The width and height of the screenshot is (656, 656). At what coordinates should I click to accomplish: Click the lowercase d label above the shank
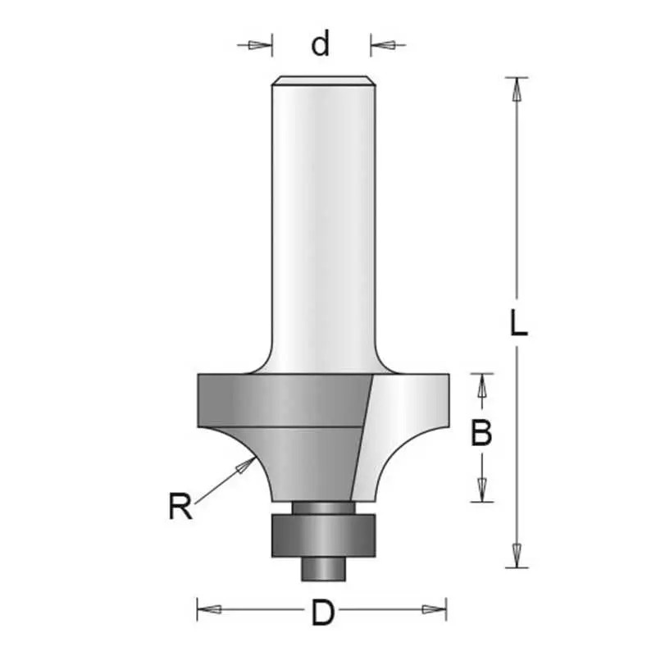point(321,43)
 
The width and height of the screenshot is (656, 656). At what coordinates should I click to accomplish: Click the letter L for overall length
point(519,322)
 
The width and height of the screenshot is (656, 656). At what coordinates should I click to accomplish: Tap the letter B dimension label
point(481,434)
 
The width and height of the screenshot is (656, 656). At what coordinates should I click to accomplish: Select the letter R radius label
point(180,506)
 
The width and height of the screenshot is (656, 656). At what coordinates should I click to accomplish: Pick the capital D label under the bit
point(323,613)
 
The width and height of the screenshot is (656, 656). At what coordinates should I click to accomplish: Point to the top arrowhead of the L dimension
point(517,89)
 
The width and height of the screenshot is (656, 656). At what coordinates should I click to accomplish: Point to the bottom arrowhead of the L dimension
point(517,556)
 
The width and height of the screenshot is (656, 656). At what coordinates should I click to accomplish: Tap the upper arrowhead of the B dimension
point(481,385)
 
